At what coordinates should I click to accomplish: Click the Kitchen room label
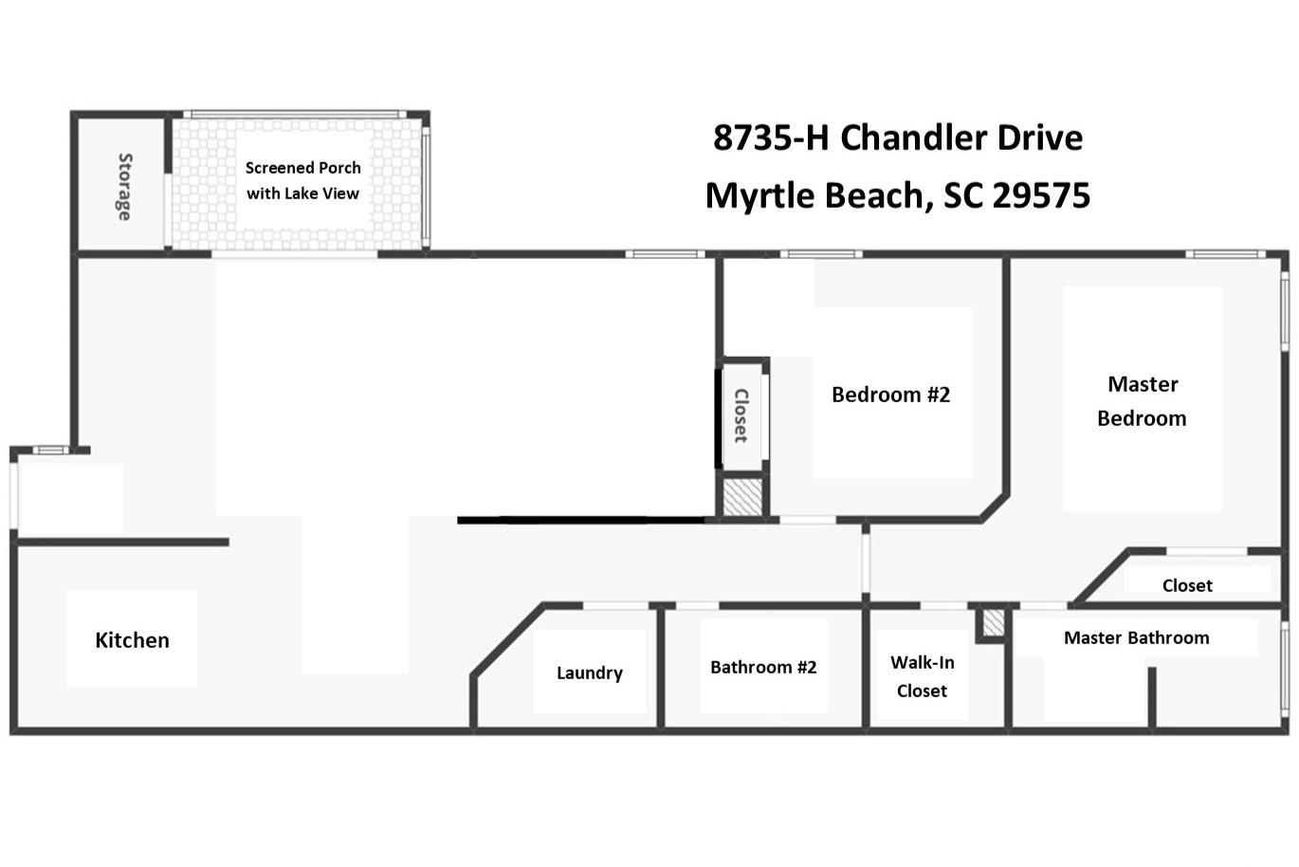click(132, 640)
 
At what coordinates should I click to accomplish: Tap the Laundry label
click(590, 673)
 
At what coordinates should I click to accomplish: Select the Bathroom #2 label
click(763, 668)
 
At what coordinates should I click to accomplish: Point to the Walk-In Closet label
click(922, 676)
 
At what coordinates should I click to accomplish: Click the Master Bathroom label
click(1137, 638)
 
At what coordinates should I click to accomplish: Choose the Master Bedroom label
click(1142, 401)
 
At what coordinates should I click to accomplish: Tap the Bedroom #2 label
click(890, 395)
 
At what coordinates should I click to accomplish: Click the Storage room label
click(124, 187)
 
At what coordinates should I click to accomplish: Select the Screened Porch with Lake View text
click(302, 180)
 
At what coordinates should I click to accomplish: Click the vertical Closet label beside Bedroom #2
click(741, 415)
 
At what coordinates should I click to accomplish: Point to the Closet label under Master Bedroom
click(1187, 585)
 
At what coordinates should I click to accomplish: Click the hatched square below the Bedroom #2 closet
click(742, 497)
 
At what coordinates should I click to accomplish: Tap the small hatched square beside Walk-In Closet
click(994, 622)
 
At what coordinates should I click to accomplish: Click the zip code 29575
click(1041, 195)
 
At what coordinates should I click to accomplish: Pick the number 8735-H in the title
click(771, 138)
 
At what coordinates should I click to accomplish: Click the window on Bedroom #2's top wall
click(821, 254)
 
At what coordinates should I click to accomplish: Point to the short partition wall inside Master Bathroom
click(1152, 698)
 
